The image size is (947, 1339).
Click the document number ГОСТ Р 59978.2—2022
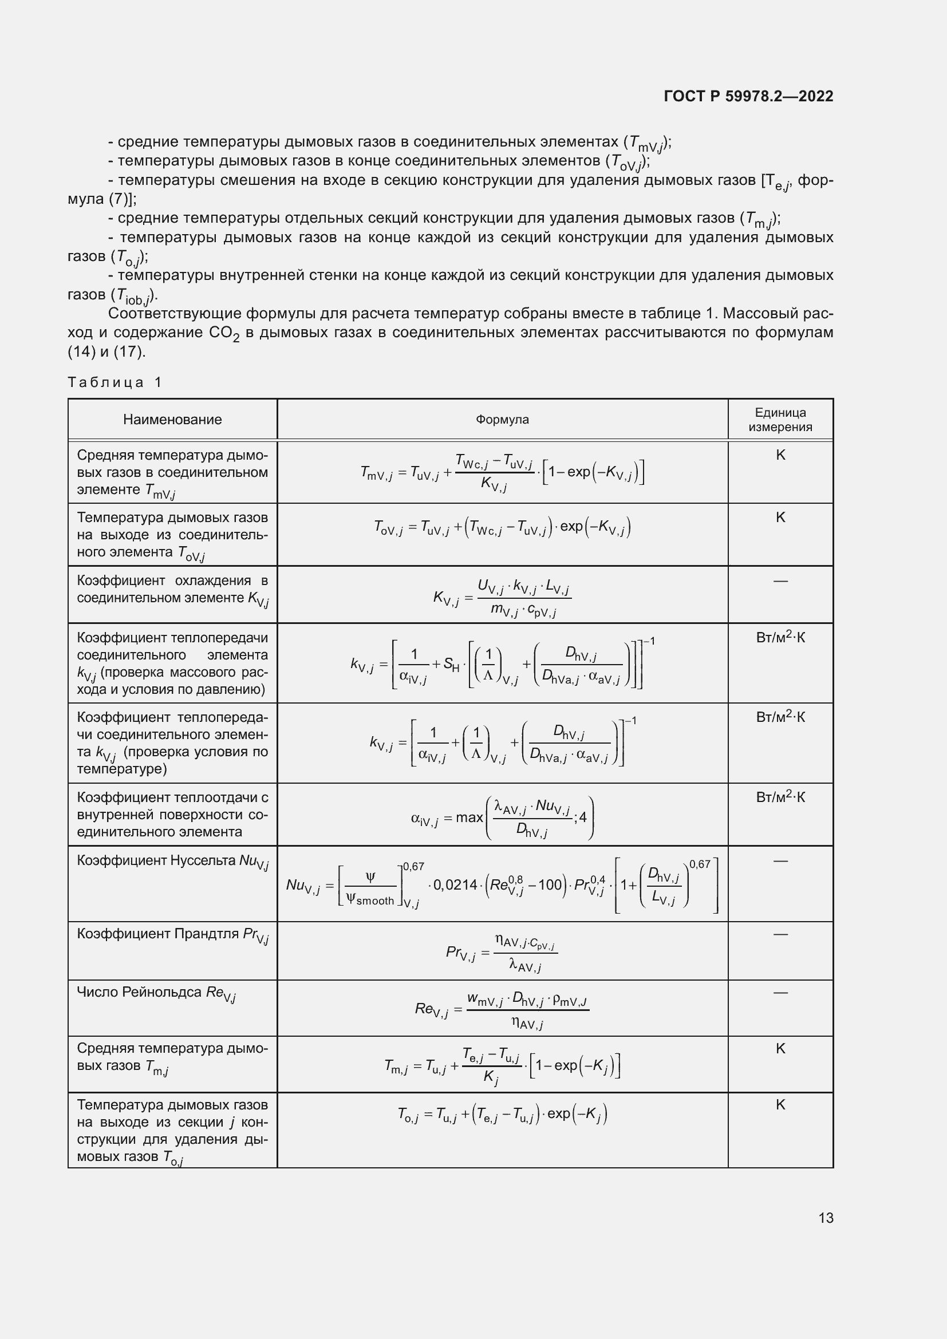(x=748, y=96)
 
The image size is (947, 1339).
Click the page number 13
(x=826, y=1218)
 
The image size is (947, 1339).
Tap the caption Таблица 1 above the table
(x=115, y=382)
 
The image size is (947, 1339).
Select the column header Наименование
(x=172, y=419)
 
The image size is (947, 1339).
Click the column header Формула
(x=502, y=419)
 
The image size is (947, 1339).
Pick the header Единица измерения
(x=780, y=419)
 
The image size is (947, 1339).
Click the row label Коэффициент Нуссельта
(x=172, y=862)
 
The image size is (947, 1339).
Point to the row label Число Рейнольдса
(x=156, y=993)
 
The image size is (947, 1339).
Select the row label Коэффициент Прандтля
(x=172, y=934)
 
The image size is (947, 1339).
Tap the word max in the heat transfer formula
(x=469, y=817)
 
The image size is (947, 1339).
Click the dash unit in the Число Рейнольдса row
(x=780, y=992)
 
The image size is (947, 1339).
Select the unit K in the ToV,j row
(x=780, y=518)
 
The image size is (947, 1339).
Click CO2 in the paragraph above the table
(x=224, y=333)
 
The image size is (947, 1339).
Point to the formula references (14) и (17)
(x=106, y=351)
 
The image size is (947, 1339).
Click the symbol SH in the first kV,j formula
(x=451, y=663)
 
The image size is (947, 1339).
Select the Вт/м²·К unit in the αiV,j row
(x=780, y=797)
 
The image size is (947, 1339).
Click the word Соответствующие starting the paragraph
(x=175, y=314)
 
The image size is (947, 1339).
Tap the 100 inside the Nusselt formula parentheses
(x=550, y=884)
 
